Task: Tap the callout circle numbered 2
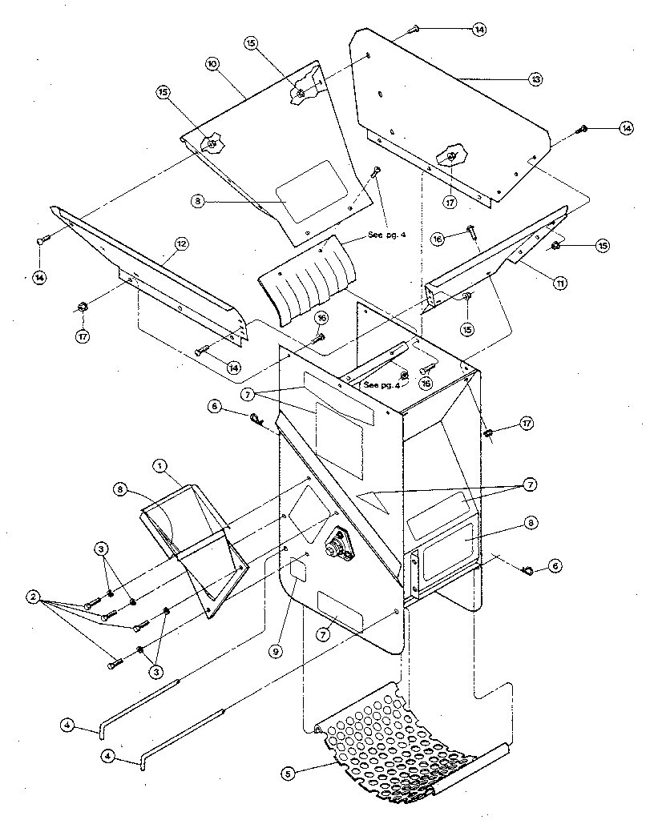point(33,597)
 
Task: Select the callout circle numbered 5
point(288,774)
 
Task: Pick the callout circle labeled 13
point(535,79)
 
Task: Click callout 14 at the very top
point(478,29)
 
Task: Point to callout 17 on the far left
point(83,336)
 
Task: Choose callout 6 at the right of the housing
point(555,566)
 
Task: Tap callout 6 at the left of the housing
point(213,407)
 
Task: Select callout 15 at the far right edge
point(602,245)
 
